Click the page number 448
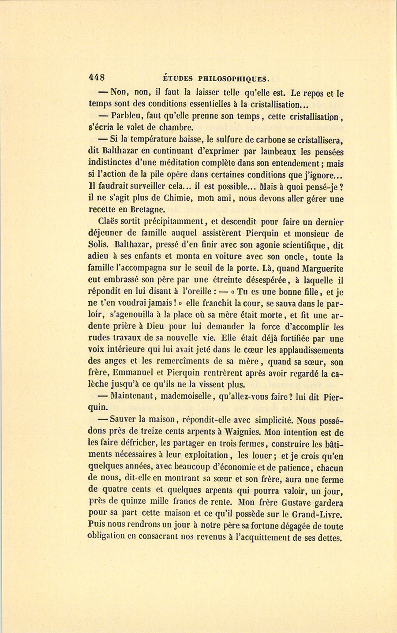point(97,78)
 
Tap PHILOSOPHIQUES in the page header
point(233,79)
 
